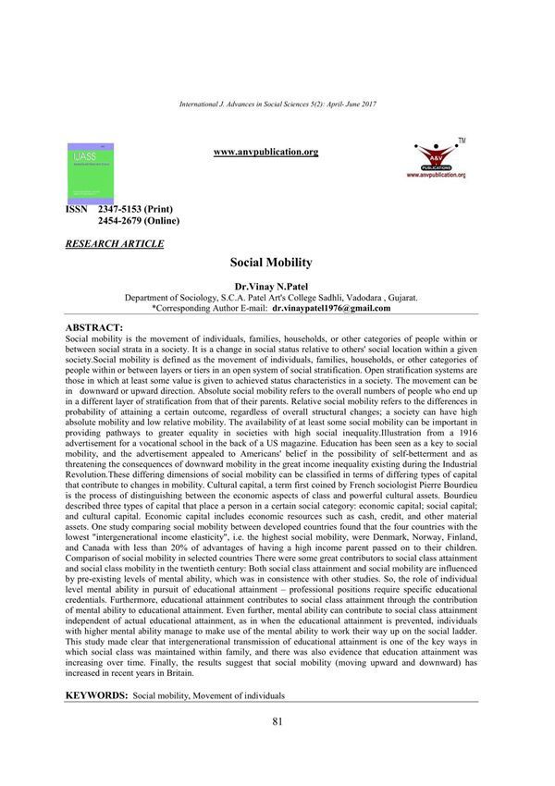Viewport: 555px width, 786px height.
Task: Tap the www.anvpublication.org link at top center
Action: [265, 152]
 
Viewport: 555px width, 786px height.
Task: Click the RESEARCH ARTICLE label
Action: [115, 243]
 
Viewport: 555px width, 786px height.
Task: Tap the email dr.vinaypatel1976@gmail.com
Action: [338, 308]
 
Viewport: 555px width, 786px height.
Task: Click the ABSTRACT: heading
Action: [94, 328]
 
